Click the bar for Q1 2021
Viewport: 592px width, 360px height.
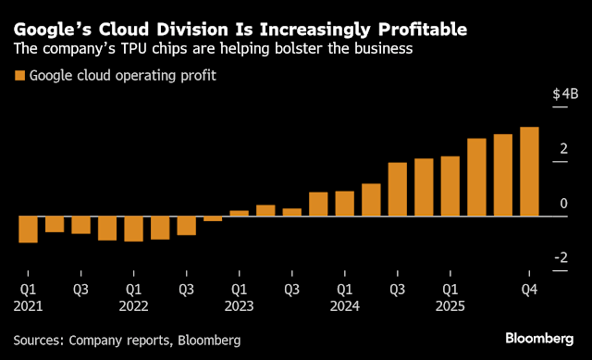28,230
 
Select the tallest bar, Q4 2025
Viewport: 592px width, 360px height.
529,171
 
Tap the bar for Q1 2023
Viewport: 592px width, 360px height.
239,213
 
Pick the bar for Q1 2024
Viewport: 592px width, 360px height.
345,204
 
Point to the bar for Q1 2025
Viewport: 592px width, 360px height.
450,186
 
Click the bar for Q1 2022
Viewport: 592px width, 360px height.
133,229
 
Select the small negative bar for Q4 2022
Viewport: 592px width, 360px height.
213,218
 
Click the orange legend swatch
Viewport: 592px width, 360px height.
18,75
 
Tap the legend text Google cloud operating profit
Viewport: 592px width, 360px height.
122,75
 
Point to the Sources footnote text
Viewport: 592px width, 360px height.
127,340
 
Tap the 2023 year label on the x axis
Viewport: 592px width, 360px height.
239,305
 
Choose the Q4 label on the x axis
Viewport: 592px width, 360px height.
529,289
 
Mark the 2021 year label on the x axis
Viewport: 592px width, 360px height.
28,305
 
